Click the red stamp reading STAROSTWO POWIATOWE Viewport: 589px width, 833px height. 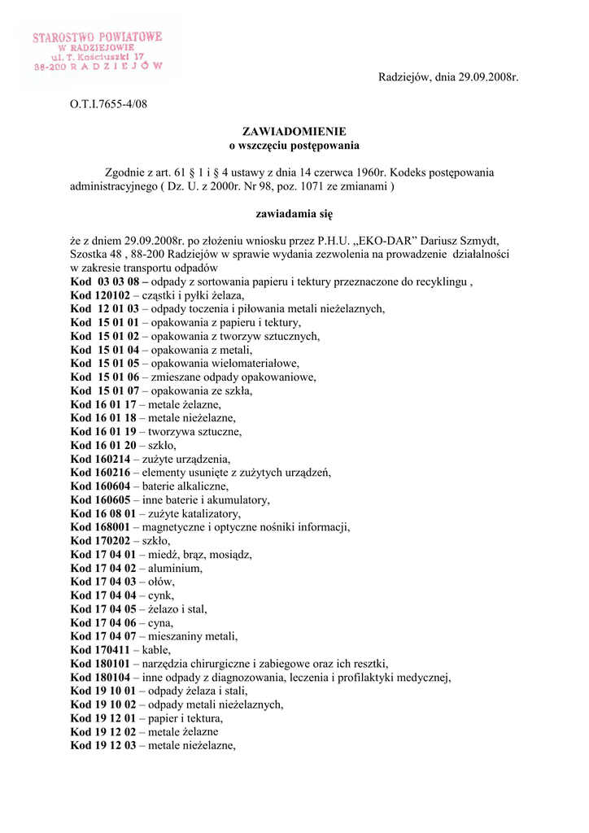(98, 37)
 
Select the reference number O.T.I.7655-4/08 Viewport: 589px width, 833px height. (109, 103)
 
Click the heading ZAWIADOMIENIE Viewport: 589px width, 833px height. (294, 131)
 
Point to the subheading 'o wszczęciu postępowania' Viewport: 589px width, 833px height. (294, 145)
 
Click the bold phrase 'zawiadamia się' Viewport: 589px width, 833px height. (294, 214)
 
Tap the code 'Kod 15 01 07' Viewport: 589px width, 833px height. (105, 390)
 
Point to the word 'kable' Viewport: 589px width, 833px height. (156, 650)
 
